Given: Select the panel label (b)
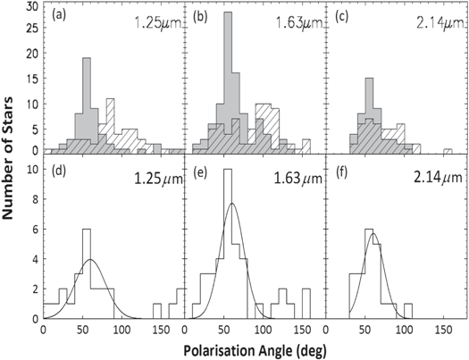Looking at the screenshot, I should (x=198, y=15).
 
